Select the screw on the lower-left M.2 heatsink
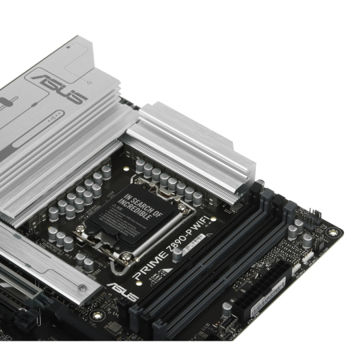[82, 287]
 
